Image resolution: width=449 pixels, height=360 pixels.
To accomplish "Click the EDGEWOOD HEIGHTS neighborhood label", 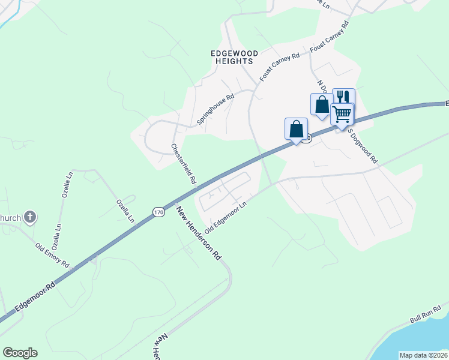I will click(234, 58).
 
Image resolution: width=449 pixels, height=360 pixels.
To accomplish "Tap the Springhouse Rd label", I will click(215, 109).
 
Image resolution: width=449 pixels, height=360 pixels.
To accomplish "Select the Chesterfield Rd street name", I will click(184, 163).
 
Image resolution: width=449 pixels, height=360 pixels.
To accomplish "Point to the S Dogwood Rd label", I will click(363, 148).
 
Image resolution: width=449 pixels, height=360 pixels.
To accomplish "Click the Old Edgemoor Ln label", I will click(226, 218).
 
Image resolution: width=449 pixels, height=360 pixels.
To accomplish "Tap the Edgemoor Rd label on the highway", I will click(35, 297).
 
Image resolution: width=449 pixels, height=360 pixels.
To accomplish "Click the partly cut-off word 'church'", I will click(11, 217).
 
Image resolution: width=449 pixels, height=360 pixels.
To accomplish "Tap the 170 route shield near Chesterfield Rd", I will click(158, 212).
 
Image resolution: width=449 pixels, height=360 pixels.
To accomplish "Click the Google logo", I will click(20, 353).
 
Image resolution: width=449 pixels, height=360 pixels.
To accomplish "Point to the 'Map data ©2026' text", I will click(423, 355).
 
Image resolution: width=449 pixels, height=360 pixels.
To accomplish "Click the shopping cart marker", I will click(342, 113).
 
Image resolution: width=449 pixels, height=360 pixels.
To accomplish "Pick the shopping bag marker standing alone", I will click(296, 128).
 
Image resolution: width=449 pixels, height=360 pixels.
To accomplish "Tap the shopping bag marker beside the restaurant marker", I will click(322, 104).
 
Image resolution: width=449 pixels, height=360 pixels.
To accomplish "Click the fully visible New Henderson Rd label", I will click(199, 233).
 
